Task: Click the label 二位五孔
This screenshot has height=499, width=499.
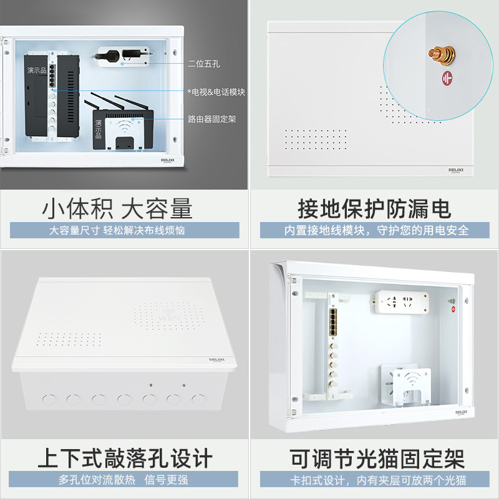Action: coord(203,63)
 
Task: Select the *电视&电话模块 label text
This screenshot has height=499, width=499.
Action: coord(216,91)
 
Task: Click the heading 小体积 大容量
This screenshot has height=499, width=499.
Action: coord(117,208)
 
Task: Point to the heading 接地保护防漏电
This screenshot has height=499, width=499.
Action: coord(374,208)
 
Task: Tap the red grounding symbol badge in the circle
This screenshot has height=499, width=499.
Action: coord(446,79)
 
